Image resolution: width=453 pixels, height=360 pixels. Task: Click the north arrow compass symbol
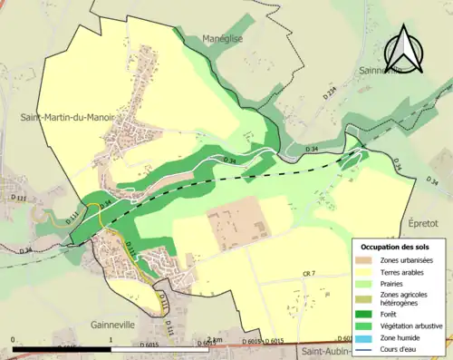tap(405, 47)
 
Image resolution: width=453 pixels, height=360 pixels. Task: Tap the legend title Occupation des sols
tap(394, 247)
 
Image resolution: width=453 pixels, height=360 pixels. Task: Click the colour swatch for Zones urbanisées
tap(365, 261)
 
